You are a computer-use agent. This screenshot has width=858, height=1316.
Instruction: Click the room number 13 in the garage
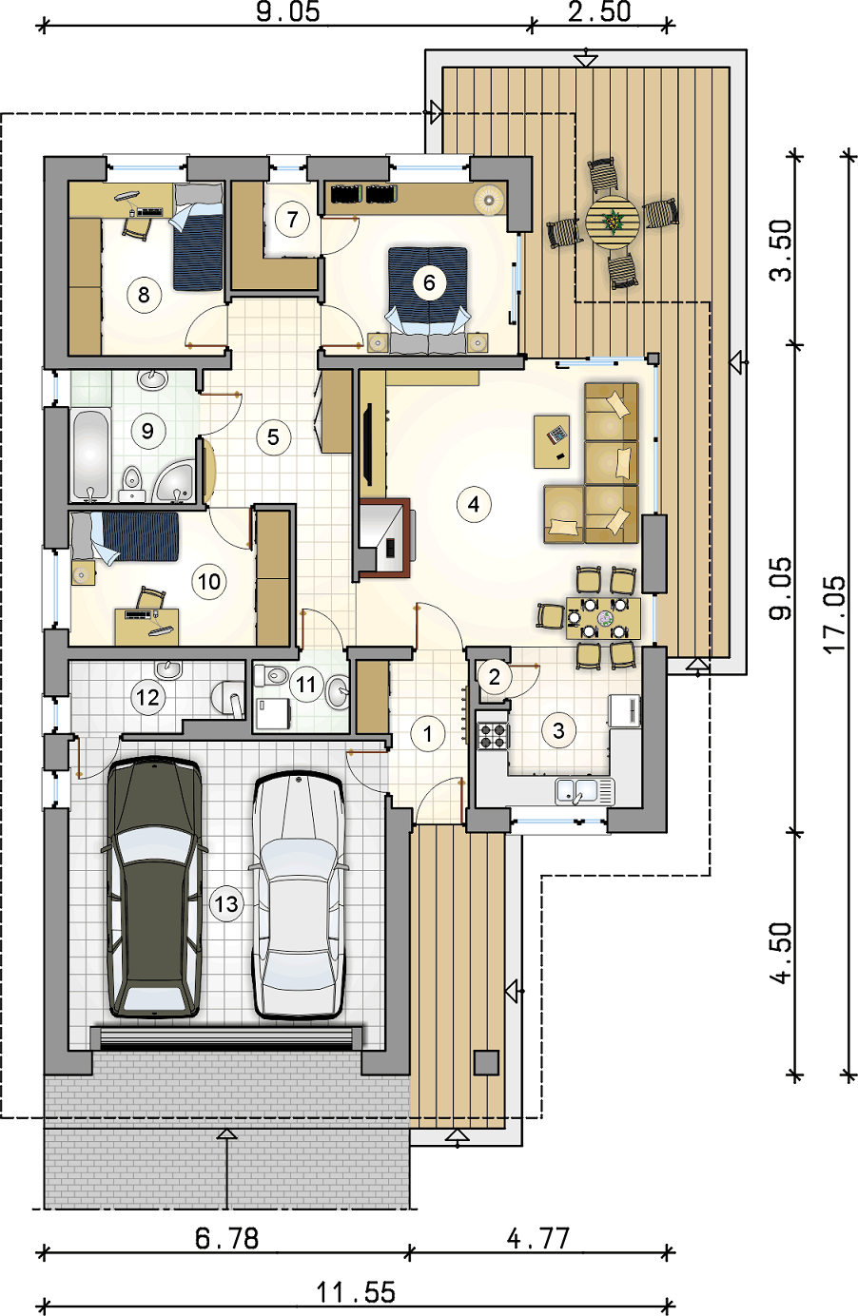pyautogui.click(x=226, y=903)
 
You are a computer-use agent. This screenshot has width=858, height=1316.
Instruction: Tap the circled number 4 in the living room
pyautogui.click(x=474, y=504)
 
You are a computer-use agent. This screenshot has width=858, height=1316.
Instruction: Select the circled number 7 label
pyautogui.click(x=292, y=220)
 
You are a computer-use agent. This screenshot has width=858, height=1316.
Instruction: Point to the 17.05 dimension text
pyautogui.click(x=833, y=614)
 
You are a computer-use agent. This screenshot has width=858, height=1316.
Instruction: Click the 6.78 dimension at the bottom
pyautogui.click(x=226, y=1238)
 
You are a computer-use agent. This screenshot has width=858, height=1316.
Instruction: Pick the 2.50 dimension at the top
pyautogui.click(x=599, y=11)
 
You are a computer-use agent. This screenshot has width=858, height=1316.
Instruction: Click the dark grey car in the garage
pyautogui.click(x=154, y=887)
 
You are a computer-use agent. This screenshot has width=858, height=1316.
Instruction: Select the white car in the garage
pyautogui.click(x=298, y=895)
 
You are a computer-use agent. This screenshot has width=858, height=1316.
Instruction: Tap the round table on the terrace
pyautogui.click(x=613, y=223)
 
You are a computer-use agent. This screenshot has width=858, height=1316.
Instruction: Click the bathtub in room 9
pyautogui.click(x=90, y=455)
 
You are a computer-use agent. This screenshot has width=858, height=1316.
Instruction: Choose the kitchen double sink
pyautogui.click(x=585, y=791)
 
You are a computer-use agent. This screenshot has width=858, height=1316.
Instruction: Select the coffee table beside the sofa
pyautogui.click(x=552, y=442)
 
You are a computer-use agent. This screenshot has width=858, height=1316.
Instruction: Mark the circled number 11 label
pyautogui.click(x=305, y=685)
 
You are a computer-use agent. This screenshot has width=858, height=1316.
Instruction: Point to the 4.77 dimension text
pyautogui.click(x=538, y=1238)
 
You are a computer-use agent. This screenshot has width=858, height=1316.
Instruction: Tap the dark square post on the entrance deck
pyautogui.click(x=486, y=1063)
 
